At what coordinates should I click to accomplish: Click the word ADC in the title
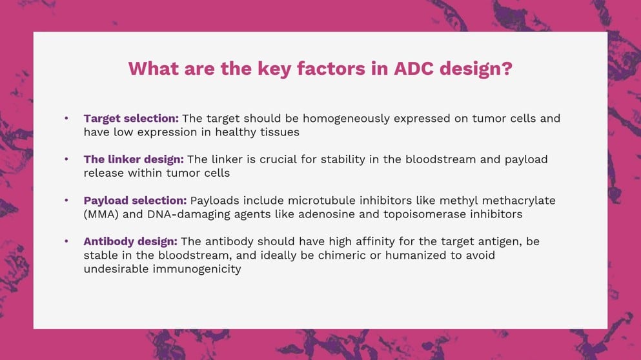[413, 68]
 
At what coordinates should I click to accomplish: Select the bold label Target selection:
[131, 119]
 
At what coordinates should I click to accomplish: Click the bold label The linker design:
[134, 159]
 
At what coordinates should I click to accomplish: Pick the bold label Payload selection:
[135, 201]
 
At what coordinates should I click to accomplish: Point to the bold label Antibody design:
[130, 241]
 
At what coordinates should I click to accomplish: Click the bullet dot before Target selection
[66, 119]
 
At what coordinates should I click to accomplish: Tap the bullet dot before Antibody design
[66, 241]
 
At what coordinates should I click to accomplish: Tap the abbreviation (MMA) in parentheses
[101, 215]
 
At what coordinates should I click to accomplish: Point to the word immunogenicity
[197, 269]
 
